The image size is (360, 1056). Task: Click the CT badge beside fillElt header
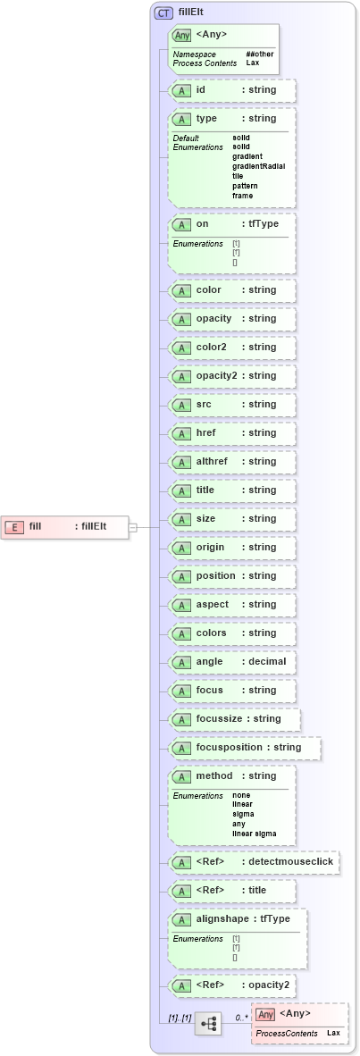click(x=163, y=13)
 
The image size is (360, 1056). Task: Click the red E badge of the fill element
click(x=14, y=526)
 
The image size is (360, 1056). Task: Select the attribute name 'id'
click(x=201, y=90)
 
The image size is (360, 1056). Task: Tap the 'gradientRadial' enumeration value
click(x=258, y=166)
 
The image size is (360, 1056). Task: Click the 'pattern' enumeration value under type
click(x=245, y=186)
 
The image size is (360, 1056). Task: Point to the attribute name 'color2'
click(x=212, y=348)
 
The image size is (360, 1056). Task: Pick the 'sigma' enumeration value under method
click(x=242, y=814)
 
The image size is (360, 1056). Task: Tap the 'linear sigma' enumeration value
click(x=254, y=834)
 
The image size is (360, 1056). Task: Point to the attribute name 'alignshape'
click(x=223, y=919)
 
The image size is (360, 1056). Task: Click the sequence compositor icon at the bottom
click(x=208, y=1024)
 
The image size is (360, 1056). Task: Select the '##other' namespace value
click(x=260, y=54)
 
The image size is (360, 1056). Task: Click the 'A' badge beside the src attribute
click(x=181, y=405)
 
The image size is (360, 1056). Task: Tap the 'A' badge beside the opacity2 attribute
click(x=181, y=376)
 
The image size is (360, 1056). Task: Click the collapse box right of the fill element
click(x=132, y=527)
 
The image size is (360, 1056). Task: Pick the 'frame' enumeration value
click(x=242, y=196)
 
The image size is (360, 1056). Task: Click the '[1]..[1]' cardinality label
click(x=180, y=1018)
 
